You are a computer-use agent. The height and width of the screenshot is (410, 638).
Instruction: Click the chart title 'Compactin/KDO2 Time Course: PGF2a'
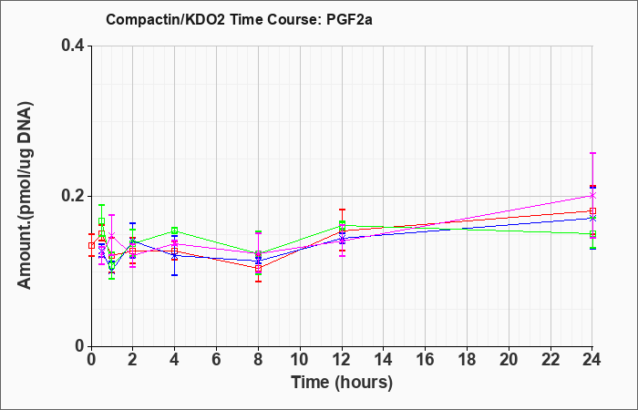coord(239,19)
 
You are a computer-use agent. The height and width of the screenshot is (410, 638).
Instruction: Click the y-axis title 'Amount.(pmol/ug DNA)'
coord(25,196)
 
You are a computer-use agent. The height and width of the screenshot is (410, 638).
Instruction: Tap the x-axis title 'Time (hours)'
coord(342,383)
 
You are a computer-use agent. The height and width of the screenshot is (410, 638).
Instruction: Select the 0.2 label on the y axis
coord(73,196)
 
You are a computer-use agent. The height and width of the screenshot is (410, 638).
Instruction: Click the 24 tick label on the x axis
coord(592,360)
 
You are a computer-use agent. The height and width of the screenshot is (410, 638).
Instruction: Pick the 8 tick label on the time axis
coord(258,360)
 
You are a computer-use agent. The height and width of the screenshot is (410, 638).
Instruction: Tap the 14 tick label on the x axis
coord(384,360)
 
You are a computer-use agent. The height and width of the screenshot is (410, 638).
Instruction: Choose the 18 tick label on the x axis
coord(467,360)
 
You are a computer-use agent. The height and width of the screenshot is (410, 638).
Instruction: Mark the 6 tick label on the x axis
coord(216,360)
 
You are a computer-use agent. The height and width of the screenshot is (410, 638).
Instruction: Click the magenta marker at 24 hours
coord(592,196)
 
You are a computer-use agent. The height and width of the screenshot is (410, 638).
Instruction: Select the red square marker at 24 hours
coord(592,210)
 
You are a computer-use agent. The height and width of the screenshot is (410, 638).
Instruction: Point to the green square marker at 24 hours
coord(592,234)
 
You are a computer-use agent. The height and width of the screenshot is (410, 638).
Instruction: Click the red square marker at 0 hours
coord(91,245)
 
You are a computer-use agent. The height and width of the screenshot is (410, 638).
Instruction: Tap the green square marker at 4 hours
coord(175,231)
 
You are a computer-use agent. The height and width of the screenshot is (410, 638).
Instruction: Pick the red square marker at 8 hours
coord(258,269)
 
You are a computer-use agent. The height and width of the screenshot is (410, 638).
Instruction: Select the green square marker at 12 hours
coord(342,225)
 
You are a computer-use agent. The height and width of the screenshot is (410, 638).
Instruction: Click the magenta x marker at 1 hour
coord(112,235)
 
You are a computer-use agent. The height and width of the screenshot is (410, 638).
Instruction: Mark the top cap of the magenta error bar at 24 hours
coord(592,153)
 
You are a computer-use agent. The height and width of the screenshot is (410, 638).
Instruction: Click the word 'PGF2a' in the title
coord(349,19)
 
